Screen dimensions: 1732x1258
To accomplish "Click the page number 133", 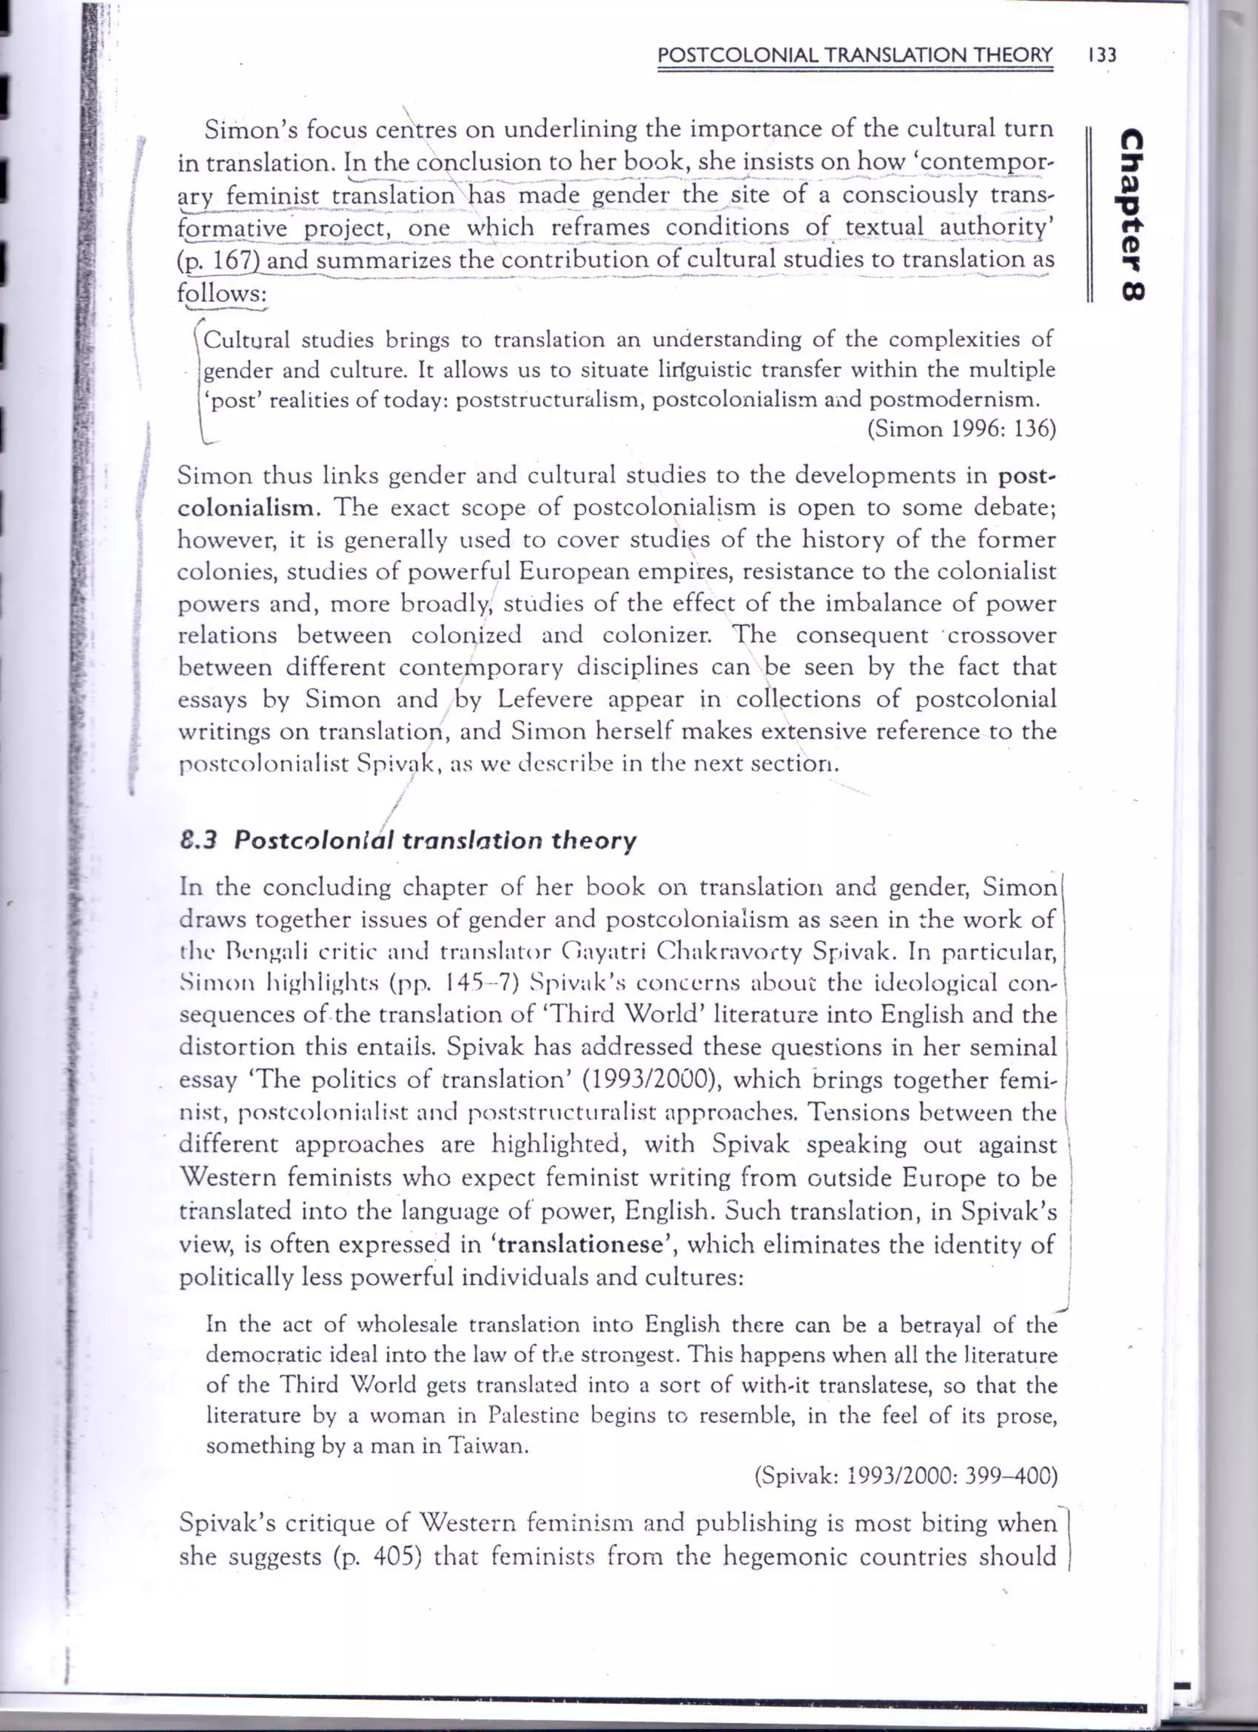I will tap(1102, 55).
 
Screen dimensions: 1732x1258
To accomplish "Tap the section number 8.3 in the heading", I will tap(198, 841).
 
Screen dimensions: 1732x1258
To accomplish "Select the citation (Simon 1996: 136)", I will tap(962, 429).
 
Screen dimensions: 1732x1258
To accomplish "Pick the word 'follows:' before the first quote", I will tap(222, 293).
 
